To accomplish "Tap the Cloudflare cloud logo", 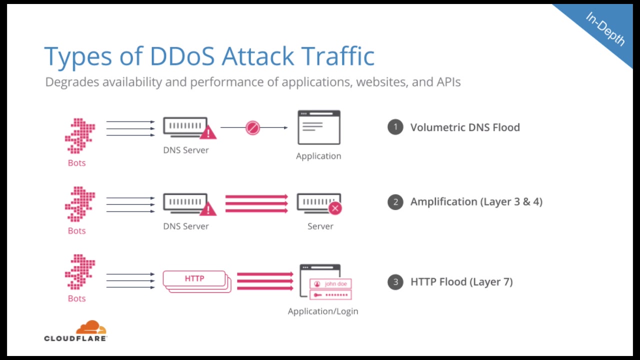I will (91, 328).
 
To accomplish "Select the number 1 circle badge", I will (395, 127).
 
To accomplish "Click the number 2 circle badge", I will (395, 201).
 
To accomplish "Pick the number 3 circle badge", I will (395, 282).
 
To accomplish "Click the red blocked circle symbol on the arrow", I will (252, 128).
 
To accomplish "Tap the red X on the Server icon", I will (335, 208).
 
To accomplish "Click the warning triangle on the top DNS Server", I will (208, 132).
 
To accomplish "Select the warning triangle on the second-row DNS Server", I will (208, 209).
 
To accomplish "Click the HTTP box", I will (194, 278).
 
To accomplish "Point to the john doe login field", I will (330, 284).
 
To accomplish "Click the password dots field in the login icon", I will (330, 295).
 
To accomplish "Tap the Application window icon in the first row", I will (319, 127).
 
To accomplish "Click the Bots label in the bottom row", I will (76, 298).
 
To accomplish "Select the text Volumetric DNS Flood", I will (465, 127).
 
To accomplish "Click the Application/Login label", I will (323, 311).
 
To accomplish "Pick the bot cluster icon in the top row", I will (79, 135).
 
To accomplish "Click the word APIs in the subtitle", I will (448, 81).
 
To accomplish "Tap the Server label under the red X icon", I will (320, 226).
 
